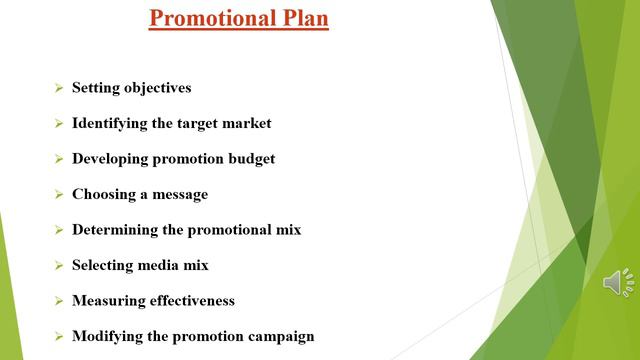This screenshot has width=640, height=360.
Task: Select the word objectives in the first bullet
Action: pos(157,88)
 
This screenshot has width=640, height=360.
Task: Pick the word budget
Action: pos(248,159)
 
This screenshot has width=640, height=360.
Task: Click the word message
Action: pos(180,194)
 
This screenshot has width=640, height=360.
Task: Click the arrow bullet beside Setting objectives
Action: pos(59,89)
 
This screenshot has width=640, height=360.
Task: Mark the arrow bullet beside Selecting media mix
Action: pos(59,266)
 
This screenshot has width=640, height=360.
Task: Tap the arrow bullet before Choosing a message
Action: pos(59,195)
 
